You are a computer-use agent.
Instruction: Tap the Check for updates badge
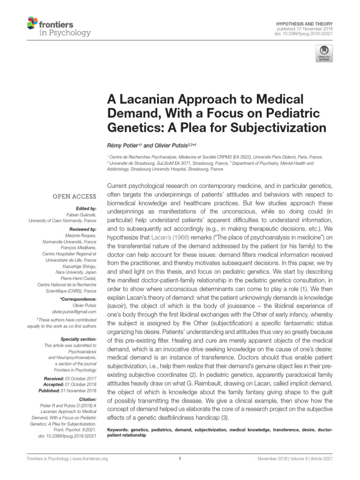tap(324, 53)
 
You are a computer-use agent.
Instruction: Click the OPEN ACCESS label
tap(74, 196)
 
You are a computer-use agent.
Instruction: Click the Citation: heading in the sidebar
tap(86, 399)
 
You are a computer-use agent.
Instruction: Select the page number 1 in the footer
tap(180, 459)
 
